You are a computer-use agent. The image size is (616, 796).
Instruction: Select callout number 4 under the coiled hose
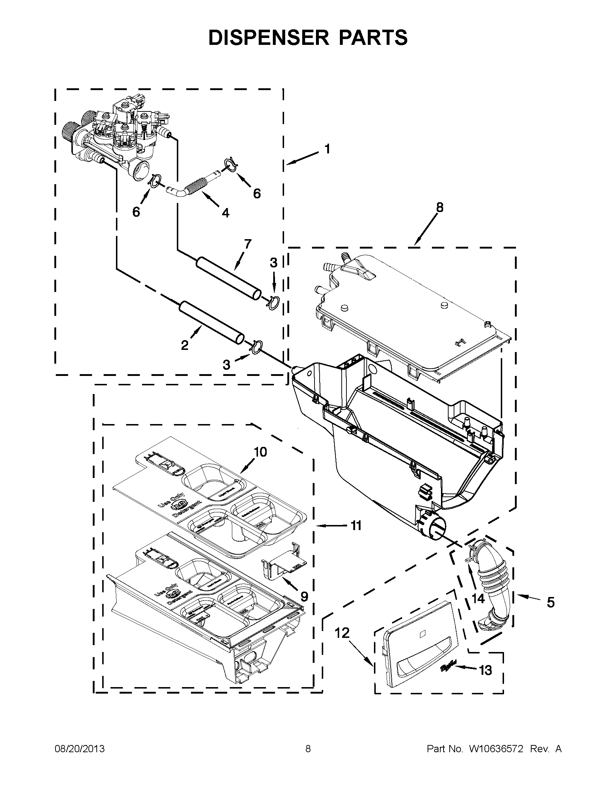pyautogui.click(x=225, y=213)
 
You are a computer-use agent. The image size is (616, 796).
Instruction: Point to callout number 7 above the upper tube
pyautogui.click(x=248, y=244)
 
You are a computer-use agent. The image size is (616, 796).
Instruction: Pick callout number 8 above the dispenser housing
pyautogui.click(x=440, y=207)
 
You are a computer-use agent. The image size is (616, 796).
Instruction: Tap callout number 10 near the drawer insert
pyautogui.click(x=261, y=452)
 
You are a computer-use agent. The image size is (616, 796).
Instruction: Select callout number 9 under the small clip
pyautogui.click(x=304, y=596)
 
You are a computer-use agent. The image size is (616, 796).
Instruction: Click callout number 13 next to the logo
pyautogui.click(x=485, y=669)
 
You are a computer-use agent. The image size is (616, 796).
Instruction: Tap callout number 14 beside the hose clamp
pyautogui.click(x=478, y=598)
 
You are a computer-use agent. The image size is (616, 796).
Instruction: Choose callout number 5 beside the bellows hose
pyautogui.click(x=550, y=602)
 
